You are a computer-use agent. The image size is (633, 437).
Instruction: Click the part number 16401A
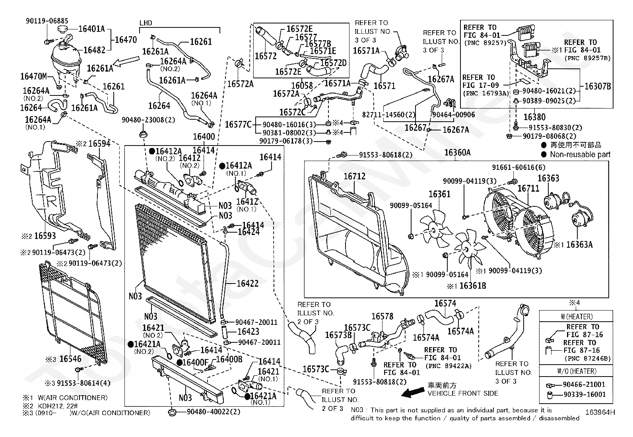click(x=91, y=29)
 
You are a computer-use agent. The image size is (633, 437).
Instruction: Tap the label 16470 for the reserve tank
click(x=126, y=40)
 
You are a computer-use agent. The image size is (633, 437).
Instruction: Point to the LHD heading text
click(x=146, y=23)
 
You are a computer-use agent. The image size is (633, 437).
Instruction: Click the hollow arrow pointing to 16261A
click(x=126, y=62)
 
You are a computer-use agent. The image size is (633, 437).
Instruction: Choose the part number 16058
click(x=302, y=85)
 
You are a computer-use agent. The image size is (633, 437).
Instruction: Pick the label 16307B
click(x=598, y=86)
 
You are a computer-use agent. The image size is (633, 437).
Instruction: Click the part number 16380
click(x=534, y=117)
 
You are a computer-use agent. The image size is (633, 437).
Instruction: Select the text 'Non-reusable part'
click(x=580, y=154)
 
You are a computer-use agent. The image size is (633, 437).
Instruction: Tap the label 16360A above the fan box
click(x=457, y=153)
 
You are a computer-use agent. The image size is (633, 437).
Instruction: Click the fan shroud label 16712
click(x=354, y=177)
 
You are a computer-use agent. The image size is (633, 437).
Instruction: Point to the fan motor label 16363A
click(x=579, y=245)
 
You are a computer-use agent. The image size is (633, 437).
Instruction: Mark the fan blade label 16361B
click(x=473, y=286)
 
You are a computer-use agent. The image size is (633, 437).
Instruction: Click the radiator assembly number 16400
click(x=204, y=136)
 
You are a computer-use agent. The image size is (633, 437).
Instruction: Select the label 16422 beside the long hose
click(x=248, y=283)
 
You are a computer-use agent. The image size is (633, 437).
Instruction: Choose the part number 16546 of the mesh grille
click(x=70, y=359)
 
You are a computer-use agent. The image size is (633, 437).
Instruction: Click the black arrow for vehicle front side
click(x=413, y=392)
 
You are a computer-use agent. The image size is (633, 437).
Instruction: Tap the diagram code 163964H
click(x=600, y=412)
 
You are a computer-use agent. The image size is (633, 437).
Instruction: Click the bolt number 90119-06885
click(x=47, y=21)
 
